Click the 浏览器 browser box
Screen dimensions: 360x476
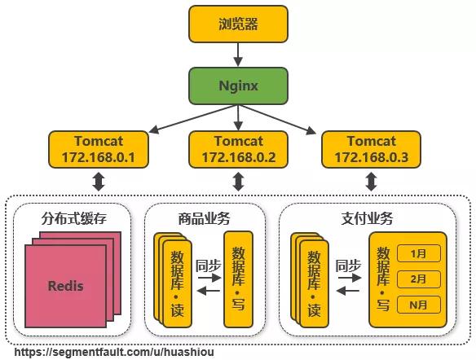(238, 24)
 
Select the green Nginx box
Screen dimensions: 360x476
(238, 85)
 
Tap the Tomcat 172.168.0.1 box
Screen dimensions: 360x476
(99, 148)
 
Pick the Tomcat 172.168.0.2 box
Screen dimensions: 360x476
(238, 148)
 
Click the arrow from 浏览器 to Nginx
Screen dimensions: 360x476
(238, 55)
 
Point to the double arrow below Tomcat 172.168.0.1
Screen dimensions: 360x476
(99, 182)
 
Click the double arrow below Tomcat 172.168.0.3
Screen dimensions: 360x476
(371, 182)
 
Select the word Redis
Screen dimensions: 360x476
(65, 286)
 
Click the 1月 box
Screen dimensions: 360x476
(419, 253)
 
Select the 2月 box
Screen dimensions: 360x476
(419, 279)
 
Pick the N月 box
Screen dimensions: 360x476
(419, 305)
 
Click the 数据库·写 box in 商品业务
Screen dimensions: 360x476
(239, 278)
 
